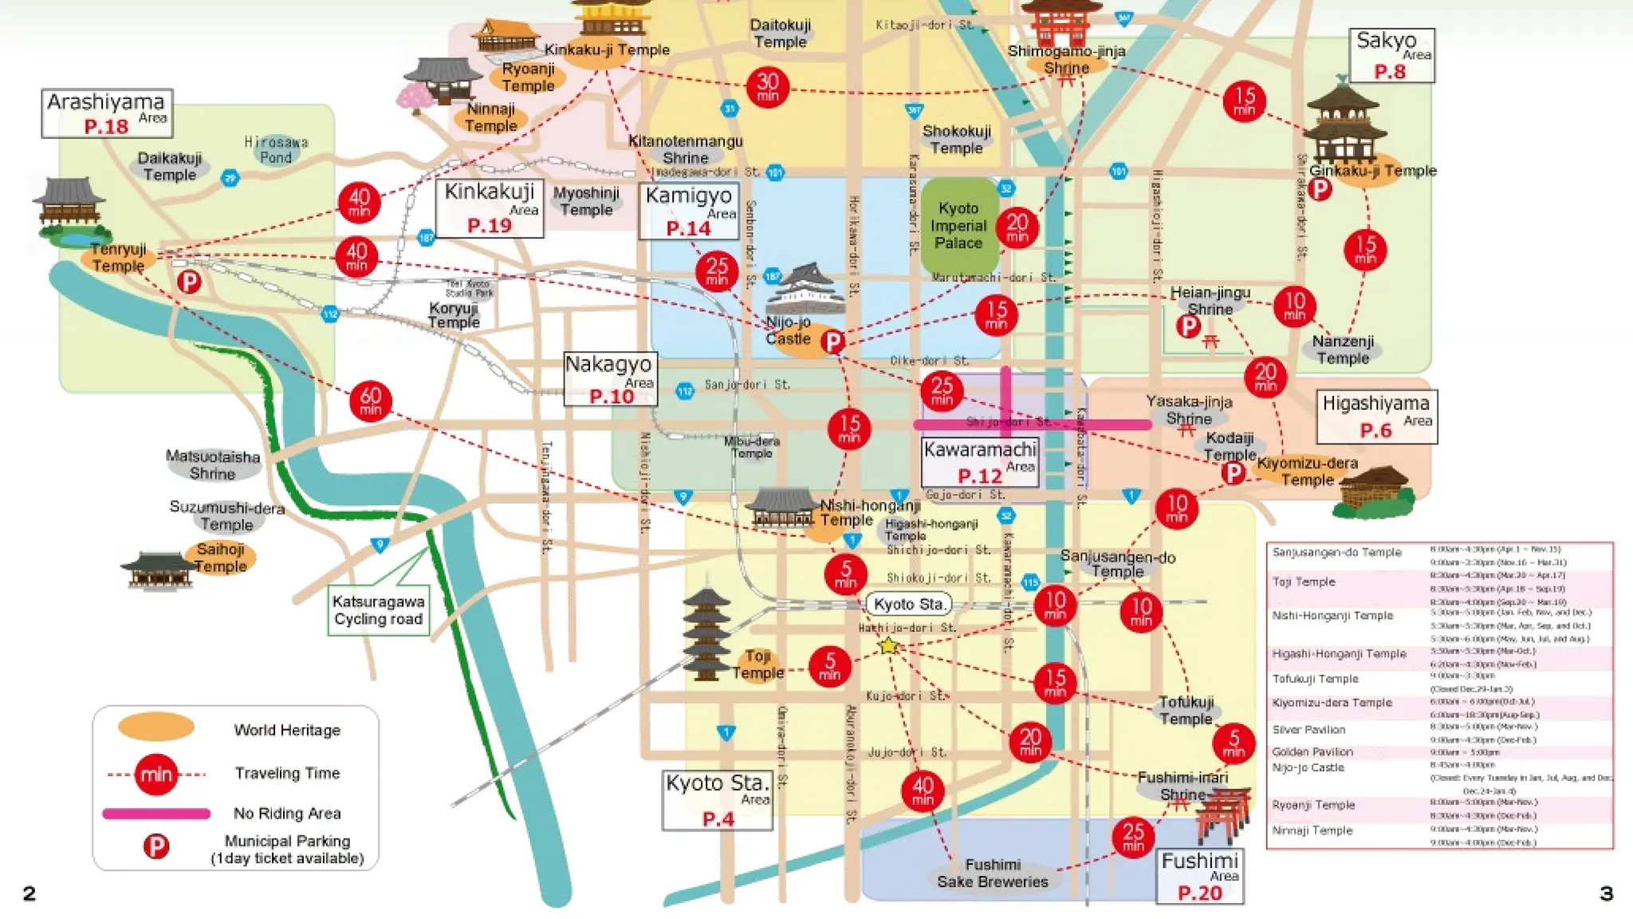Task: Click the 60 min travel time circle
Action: click(x=371, y=400)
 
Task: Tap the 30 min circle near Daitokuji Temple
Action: click(x=767, y=87)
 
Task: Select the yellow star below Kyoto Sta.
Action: click(x=888, y=645)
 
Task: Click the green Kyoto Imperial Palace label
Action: click(x=958, y=226)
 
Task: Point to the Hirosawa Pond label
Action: click(x=276, y=150)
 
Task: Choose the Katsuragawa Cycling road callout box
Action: click(x=379, y=610)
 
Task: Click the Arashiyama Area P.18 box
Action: click(x=107, y=113)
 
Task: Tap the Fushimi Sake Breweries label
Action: click(x=992, y=874)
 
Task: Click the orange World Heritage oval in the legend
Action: click(x=156, y=727)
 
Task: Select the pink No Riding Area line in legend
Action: click(x=156, y=814)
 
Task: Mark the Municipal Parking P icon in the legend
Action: click(x=156, y=846)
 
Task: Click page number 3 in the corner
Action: click(x=1607, y=893)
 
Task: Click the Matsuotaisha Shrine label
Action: click(x=213, y=465)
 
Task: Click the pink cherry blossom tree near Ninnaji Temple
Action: click(x=413, y=98)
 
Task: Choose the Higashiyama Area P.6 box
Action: click(x=1376, y=416)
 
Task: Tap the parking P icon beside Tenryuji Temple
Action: click(x=189, y=282)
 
